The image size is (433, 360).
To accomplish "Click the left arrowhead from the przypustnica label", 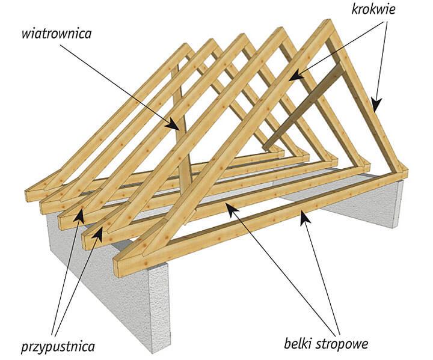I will (x=80, y=218).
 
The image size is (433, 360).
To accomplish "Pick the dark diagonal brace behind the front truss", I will (x=307, y=105).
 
